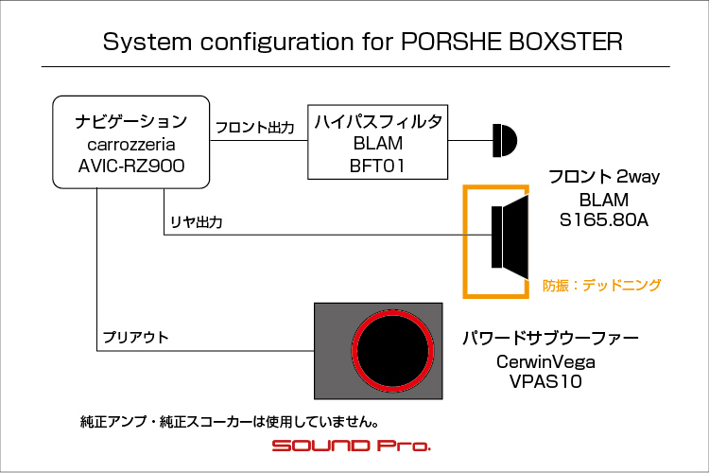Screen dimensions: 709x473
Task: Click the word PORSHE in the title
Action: [452, 42]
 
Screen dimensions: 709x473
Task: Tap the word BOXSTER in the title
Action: [565, 42]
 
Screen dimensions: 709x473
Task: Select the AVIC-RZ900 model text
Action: [131, 166]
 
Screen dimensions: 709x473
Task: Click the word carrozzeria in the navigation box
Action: [131, 145]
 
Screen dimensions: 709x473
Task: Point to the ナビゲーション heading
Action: [131, 121]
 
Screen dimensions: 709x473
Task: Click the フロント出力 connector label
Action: [255, 128]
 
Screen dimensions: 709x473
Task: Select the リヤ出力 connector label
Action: [197, 222]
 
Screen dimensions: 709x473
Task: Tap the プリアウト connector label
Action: [135, 337]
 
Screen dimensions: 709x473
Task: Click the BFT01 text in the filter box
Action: [377, 166]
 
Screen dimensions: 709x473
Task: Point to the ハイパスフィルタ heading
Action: [378, 121]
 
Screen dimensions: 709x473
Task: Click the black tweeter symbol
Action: [505, 140]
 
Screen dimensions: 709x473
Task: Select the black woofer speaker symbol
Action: [510, 237]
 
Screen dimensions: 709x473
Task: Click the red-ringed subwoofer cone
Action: [392, 351]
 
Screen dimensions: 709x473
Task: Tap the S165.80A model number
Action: [604, 220]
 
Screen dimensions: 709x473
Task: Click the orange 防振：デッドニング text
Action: [602, 285]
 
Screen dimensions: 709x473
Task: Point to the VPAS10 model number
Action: [545, 381]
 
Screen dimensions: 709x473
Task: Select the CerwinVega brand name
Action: [545, 361]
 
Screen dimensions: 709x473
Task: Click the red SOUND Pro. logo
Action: [352, 446]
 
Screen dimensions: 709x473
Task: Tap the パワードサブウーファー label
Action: [550, 338]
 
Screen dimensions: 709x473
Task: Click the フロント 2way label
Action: [604, 177]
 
